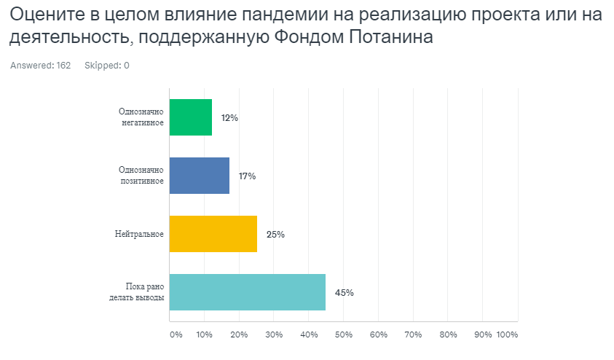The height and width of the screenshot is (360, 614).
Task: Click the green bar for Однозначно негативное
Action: point(191,117)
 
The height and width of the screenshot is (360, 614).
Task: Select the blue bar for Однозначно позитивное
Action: point(200,176)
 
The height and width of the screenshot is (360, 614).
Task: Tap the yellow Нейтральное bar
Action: point(213,234)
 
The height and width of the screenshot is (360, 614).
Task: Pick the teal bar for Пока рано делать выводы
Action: point(248,292)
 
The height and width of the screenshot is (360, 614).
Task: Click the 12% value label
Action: point(229,118)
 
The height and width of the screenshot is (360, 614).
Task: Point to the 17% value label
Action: point(247,176)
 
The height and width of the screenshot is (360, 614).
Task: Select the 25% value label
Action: point(275,235)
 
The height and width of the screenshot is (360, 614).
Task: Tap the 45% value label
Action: point(345,293)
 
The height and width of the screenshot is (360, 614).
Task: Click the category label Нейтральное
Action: point(139,234)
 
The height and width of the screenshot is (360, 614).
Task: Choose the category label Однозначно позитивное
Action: point(141,176)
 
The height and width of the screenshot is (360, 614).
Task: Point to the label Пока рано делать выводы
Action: point(137,292)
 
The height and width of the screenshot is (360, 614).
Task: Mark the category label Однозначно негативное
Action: point(141,117)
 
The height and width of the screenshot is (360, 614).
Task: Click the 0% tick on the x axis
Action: point(176,335)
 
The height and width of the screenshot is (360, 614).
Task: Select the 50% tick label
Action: point(343,335)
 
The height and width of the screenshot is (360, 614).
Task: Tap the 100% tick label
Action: point(507,335)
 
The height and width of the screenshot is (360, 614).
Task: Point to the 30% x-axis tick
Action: point(274,335)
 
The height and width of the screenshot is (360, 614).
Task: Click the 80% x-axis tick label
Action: point(448,335)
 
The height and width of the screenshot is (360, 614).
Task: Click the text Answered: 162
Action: point(40,66)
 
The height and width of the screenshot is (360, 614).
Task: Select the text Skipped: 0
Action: point(107,66)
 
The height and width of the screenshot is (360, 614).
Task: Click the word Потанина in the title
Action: point(391,37)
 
